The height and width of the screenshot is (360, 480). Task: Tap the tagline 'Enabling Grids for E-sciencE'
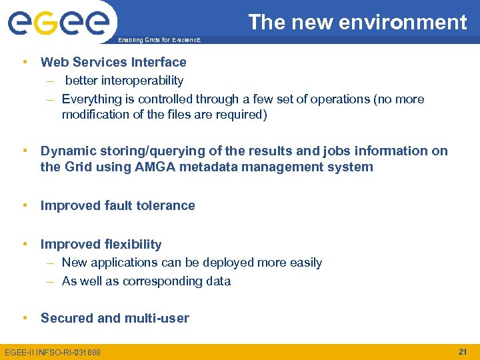click(158, 41)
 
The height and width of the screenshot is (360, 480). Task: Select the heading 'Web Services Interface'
click(113, 62)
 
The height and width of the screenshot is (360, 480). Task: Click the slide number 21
click(463, 351)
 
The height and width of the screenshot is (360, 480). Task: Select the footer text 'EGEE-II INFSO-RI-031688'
click(53, 352)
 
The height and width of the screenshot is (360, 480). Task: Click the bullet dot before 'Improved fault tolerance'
click(25, 205)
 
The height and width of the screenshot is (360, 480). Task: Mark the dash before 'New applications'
click(51, 263)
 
